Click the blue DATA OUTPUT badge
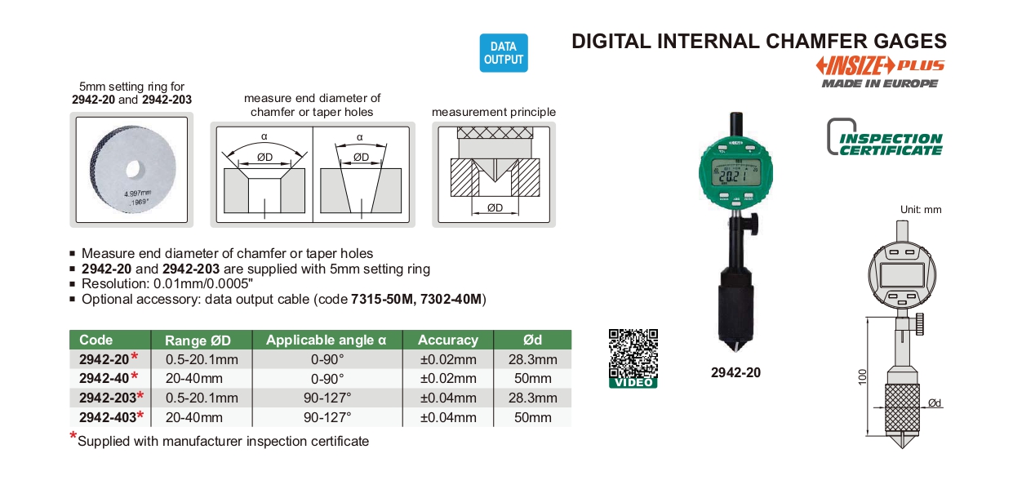coord(504,53)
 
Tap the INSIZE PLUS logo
coord(880,65)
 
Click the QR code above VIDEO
coord(633,354)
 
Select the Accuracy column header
coord(447,340)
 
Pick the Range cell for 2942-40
coord(194,378)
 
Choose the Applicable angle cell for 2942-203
coord(327,398)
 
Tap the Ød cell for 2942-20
coord(533,359)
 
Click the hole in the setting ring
coord(133,169)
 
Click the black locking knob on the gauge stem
coord(751,225)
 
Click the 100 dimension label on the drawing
coord(863,377)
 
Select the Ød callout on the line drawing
coord(935,403)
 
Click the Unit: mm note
coord(921,210)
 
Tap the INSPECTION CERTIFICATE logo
coord(885,137)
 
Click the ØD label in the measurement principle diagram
coord(495,207)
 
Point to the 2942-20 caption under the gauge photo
coord(735,372)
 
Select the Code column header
coord(96,340)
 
